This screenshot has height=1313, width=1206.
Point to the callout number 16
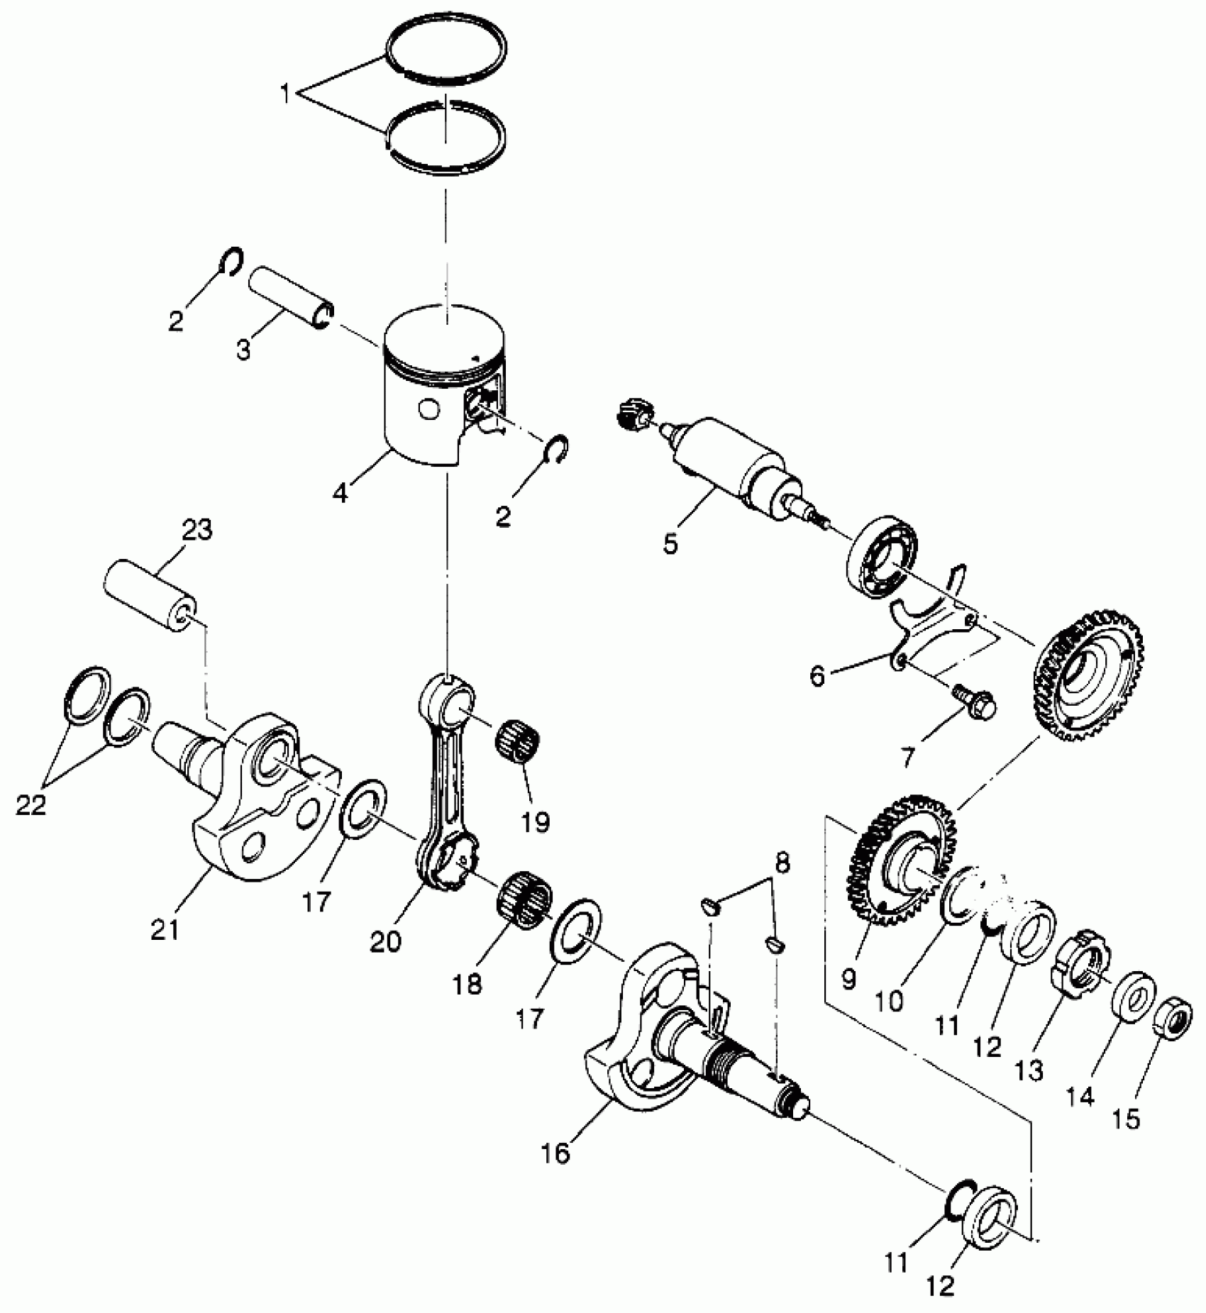click(x=558, y=1153)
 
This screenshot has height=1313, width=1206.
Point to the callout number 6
click(x=818, y=676)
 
